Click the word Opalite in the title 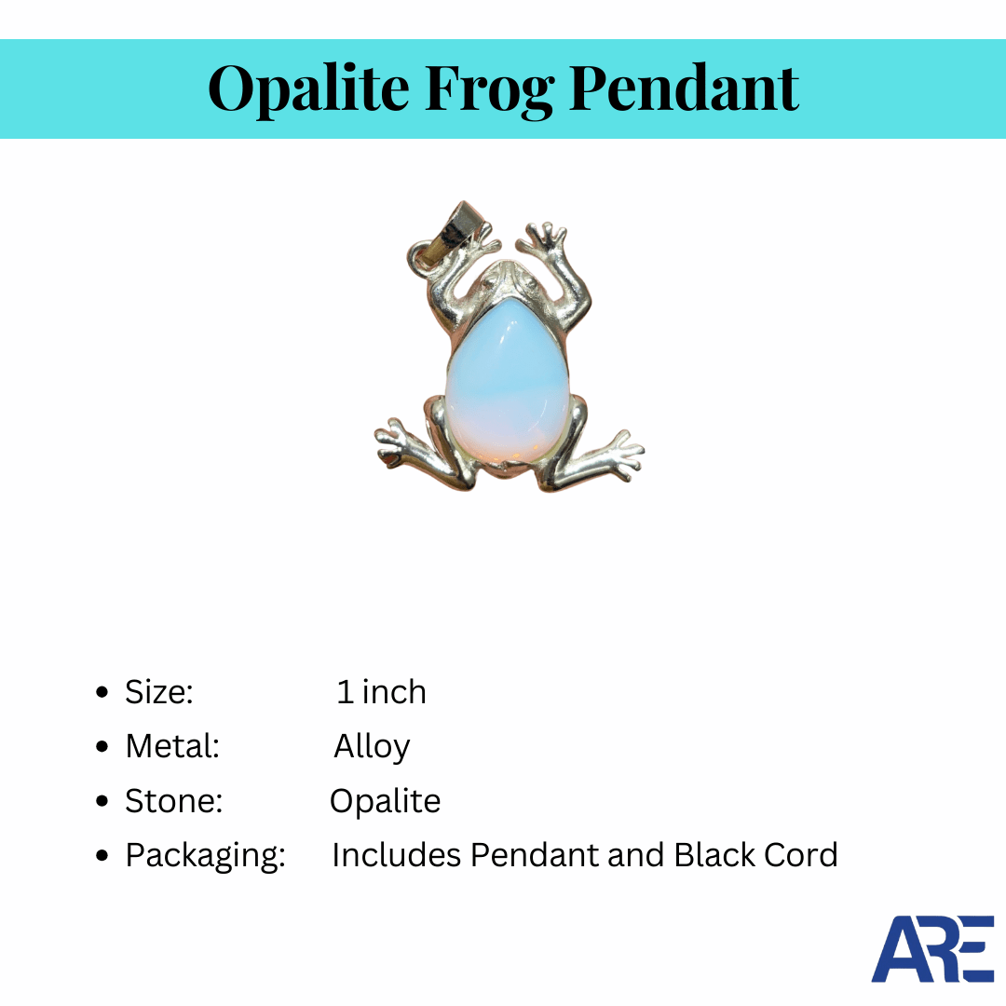308,88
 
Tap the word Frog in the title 490,89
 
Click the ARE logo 932,948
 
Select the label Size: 158,692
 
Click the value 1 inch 381,692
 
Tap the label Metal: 172,746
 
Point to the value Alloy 372,747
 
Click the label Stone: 174,801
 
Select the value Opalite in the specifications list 385,802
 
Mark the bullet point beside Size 102,693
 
